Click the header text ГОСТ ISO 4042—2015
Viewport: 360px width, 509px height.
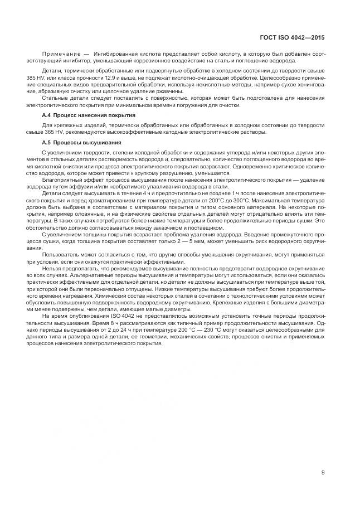pyautogui.click(x=292, y=37)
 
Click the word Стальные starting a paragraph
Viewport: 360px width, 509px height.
pyautogui.click(x=54, y=98)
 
